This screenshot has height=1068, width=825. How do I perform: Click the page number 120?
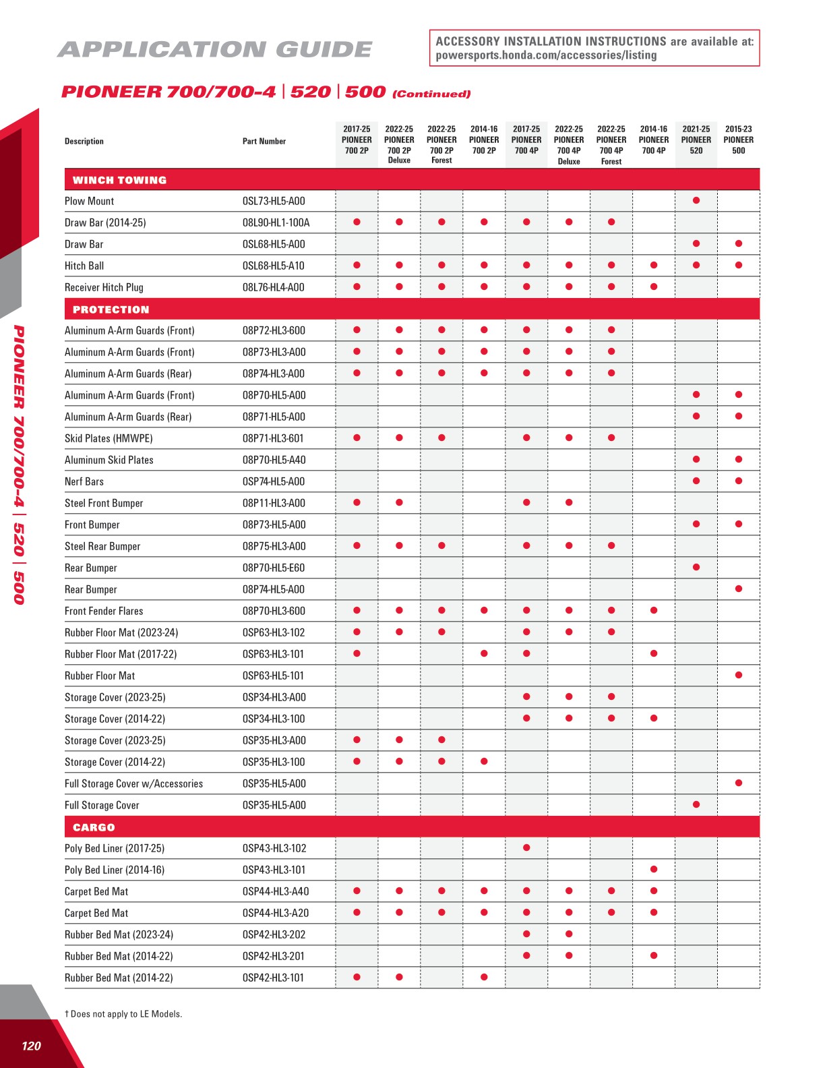(x=31, y=1046)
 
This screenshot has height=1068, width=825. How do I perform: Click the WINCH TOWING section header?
(x=119, y=180)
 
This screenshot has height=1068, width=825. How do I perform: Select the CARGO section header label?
(x=94, y=827)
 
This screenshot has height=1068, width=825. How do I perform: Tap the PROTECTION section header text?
(x=111, y=309)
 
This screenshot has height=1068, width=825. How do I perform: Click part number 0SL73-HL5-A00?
(x=274, y=201)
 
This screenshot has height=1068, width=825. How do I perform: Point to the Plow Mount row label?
(x=89, y=201)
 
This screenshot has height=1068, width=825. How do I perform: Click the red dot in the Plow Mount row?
(x=696, y=200)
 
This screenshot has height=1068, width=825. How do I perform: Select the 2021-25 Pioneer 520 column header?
(x=696, y=140)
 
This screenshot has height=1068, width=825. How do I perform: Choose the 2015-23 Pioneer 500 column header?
(x=739, y=140)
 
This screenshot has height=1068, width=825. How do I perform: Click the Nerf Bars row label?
(x=84, y=481)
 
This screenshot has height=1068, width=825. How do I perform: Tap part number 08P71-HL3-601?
(x=273, y=438)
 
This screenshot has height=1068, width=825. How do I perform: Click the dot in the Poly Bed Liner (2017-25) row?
(x=526, y=848)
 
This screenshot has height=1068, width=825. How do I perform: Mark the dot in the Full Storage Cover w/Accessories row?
(x=739, y=783)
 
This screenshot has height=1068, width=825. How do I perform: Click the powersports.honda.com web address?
(x=546, y=55)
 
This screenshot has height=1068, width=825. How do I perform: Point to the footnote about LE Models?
(x=123, y=1014)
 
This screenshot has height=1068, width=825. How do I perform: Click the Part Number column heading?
(x=264, y=142)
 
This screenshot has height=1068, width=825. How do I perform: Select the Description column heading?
(x=84, y=142)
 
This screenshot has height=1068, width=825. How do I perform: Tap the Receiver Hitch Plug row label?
(x=104, y=287)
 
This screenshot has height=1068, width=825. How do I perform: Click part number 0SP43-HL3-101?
(x=274, y=870)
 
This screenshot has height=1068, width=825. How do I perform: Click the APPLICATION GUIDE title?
(x=215, y=49)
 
